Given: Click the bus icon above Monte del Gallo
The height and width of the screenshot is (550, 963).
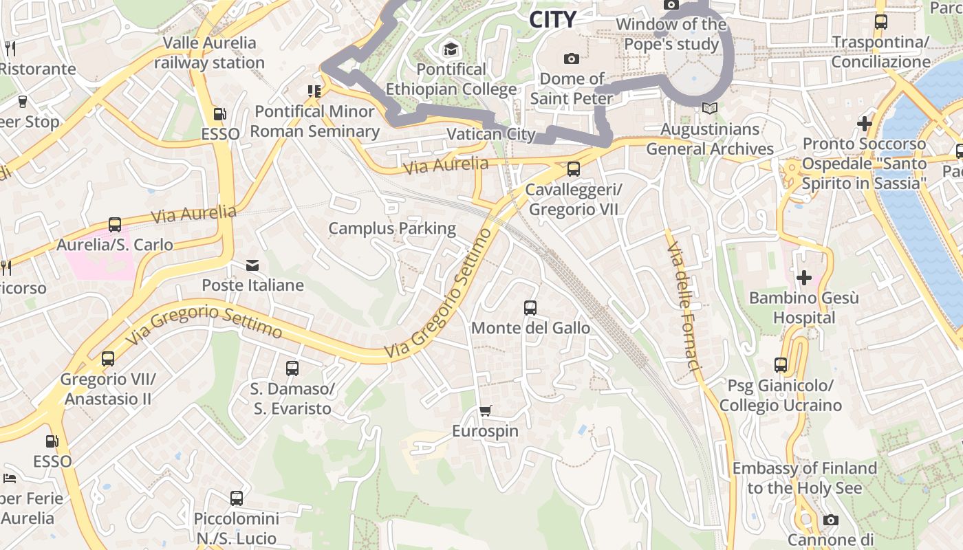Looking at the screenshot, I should [x=530, y=308].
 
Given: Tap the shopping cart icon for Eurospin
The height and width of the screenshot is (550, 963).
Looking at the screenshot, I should [x=486, y=411].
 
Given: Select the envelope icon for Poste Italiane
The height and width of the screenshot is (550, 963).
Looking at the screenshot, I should [x=252, y=265].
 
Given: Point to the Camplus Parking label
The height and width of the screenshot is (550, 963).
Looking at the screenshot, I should [x=392, y=228].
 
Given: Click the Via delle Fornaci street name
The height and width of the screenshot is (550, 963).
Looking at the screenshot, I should [x=684, y=307].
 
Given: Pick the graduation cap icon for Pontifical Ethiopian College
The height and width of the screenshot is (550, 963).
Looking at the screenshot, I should [x=451, y=49].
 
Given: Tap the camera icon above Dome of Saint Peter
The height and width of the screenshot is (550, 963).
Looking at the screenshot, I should [x=571, y=58].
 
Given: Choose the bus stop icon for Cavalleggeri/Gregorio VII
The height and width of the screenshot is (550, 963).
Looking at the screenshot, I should [x=573, y=169].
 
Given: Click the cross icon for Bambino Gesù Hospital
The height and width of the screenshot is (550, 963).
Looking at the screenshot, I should [x=803, y=278].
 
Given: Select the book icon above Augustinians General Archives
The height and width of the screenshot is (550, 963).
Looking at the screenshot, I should [x=709, y=109].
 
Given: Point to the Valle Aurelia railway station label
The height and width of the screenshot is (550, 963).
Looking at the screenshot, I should [x=209, y=53].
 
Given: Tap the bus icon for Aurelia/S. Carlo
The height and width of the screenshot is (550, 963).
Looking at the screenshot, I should [x=115, y=225].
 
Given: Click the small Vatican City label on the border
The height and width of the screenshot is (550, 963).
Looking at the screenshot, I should [x=491, y=134].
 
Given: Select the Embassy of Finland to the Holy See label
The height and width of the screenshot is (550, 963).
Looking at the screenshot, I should [x=804, y=478].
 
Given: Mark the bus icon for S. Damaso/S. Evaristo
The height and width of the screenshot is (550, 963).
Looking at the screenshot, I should [x=292, y=368].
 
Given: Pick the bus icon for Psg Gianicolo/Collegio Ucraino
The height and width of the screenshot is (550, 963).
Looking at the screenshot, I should [x=780, y=365].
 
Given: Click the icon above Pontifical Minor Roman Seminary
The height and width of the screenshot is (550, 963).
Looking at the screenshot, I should [x=314, y=91].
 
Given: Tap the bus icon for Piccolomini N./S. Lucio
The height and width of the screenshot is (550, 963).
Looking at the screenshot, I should [x=237, y=498].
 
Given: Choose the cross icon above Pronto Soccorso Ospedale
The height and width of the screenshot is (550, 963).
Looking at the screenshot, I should [x=865, y=124].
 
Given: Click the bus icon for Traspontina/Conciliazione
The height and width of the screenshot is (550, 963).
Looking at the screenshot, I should [x=880, y=22].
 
